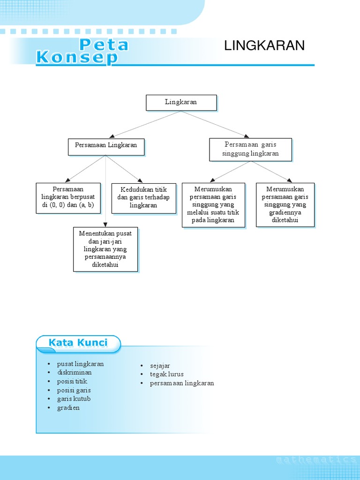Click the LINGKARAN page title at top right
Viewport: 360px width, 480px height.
coord(264,45)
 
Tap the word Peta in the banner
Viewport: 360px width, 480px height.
coord(104,45)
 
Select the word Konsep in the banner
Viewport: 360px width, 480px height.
coord(77,58)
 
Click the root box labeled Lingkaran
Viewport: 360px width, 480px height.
coord(181,102)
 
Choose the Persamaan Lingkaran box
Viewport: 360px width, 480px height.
coord(106,145)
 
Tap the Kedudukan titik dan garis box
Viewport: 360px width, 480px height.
coord(143,197)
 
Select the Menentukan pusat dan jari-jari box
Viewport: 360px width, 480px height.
coord(105,249)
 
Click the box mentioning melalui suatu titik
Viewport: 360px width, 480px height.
coord(213,204)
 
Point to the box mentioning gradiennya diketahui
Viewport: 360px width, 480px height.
coord(285,204)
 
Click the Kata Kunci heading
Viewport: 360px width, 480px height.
coord(78,343)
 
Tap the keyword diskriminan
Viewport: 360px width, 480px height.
coord(75,373)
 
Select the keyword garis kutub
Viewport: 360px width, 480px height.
coord(74,399)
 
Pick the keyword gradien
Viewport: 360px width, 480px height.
coord(68,408)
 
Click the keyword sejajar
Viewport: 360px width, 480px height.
coord(160,366)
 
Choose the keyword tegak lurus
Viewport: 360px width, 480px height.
coord(167,374)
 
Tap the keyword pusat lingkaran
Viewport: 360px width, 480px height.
coord(80,364)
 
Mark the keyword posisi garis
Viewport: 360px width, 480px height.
coord(74,390)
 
